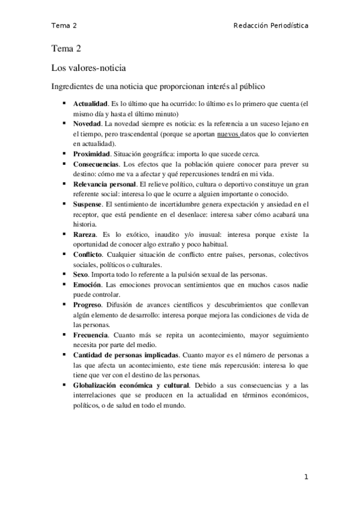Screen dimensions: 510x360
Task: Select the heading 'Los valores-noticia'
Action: (x=88, y=69)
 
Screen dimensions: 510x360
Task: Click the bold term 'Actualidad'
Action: (x=90, y=103)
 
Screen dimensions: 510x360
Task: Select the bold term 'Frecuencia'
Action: (x=91, y=335)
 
